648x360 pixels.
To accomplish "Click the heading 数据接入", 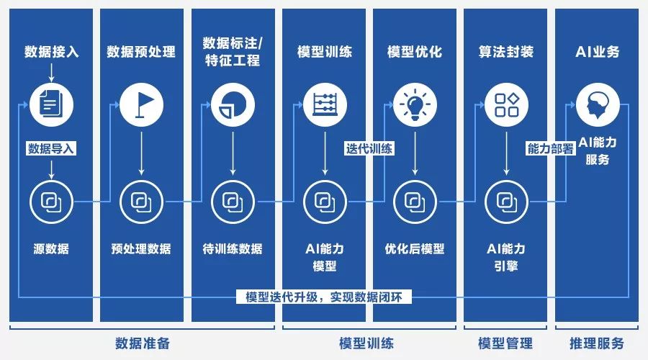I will coord(51,52).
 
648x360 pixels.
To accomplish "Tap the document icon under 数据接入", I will coord(51,104).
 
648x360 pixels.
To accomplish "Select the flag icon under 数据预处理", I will coord(141,104).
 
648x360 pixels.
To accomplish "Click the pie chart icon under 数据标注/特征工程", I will coord(232,104).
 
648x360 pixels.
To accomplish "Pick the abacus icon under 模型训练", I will coord(325,104).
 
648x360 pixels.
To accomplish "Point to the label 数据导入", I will coord(51,149).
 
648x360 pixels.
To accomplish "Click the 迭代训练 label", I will coord(369,149).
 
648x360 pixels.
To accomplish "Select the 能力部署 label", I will coord(551,149).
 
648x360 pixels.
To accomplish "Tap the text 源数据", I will coord(51,249).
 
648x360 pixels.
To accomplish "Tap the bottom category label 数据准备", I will coord(143,343).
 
